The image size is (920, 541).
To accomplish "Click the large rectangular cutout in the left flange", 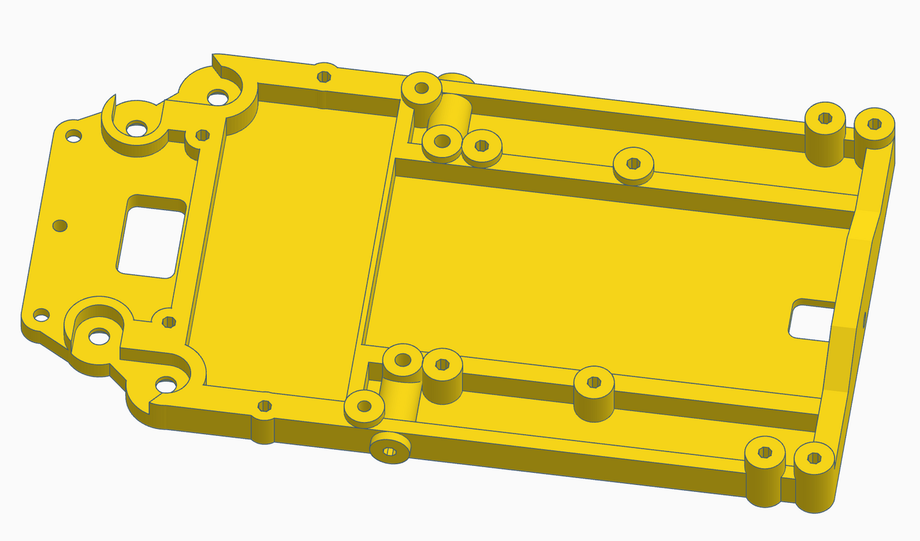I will [x=150, y=241].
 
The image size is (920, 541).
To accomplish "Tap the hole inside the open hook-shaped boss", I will [x=136, y=129].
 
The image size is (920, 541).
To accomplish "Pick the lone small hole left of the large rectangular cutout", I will [x=60, y=225].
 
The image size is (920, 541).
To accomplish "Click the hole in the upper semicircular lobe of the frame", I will [x=218, y=97].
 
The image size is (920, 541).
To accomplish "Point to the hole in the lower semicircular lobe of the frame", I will [x=166, y=384].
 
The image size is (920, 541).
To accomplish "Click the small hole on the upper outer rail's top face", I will [x=324, y=76].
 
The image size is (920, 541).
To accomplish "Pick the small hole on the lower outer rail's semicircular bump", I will [x=264, y=405].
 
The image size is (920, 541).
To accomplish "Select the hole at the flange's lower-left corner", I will [x=41, y=314].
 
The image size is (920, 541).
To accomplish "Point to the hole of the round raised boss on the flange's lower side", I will [x=99, y=335].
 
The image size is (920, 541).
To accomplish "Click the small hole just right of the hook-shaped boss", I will [x=202, y=135].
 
